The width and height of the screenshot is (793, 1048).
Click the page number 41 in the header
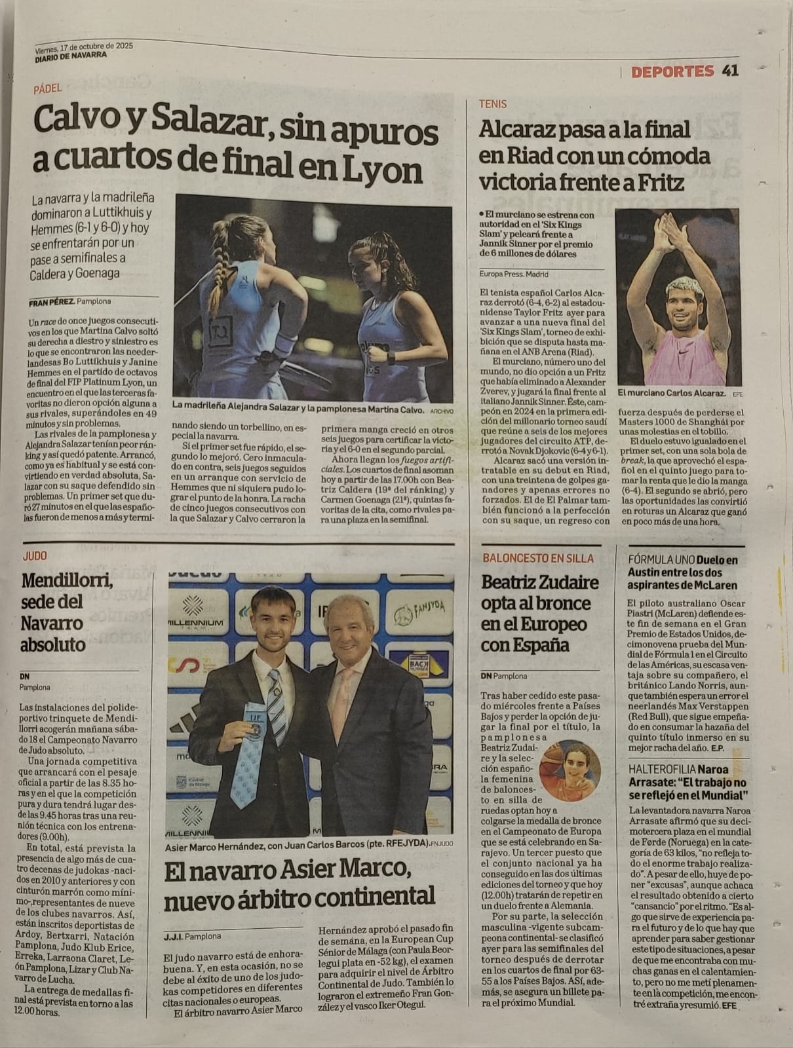[x=730, y=71]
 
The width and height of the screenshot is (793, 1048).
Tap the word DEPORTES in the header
[x=672, y=71]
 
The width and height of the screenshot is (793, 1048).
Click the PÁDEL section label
[x=48, y=88]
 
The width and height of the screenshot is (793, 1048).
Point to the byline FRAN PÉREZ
[x=51, y=303]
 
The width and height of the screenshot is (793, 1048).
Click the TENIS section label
[x=492, y=103]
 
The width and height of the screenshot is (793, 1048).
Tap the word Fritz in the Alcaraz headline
[x=658, y=181]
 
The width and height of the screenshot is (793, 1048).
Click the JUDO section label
[x=35, y=556]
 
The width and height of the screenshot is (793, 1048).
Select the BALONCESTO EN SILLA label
[x=537, y=558]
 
